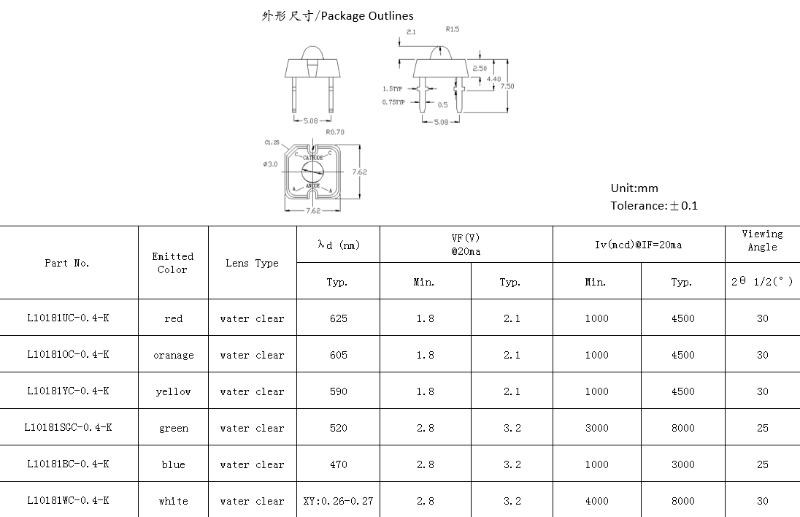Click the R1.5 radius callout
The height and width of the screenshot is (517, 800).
452,30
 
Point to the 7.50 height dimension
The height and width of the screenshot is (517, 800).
507,86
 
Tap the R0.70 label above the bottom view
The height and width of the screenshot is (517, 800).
335,132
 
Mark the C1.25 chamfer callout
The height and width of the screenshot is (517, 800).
272,142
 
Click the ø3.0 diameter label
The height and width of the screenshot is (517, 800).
270,164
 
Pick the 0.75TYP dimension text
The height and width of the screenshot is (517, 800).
393,103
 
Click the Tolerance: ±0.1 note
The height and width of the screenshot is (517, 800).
654,206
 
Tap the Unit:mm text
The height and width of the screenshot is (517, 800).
634,188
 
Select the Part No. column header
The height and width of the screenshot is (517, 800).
67,263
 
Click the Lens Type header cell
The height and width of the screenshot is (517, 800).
252,263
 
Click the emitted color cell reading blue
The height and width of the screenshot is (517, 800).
173,464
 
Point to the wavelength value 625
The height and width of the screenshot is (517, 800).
338,318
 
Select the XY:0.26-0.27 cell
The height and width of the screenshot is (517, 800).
338,501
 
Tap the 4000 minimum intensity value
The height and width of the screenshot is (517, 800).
596,501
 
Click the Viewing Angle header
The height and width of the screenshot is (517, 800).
762,240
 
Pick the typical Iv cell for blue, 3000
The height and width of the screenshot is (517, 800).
682,464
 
